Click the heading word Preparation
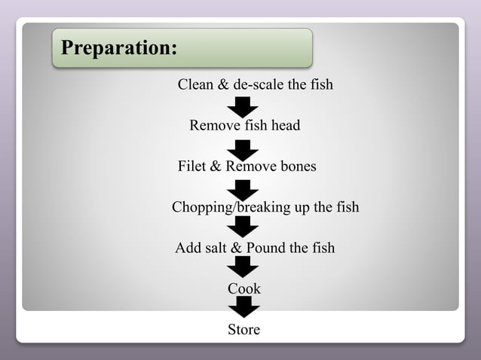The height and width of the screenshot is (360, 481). point(118,48)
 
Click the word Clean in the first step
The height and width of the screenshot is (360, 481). point(195,84)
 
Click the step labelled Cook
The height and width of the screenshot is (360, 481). point(244,288)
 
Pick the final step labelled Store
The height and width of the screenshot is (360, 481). point(244,329)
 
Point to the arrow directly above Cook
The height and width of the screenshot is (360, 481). point(244,267)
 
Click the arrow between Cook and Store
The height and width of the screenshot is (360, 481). point(244,307)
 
